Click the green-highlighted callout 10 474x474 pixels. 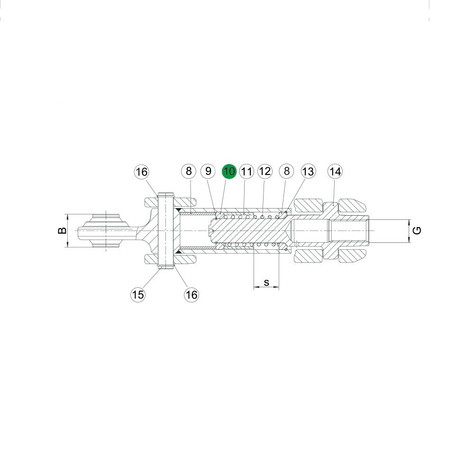(229, 172)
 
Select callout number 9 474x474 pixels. (208, 172)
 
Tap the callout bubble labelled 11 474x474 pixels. (246, 172)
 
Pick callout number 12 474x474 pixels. (265, 172)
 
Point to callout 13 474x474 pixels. (308, 172)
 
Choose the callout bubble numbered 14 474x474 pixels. (335, 172)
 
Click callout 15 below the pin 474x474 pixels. (138, 294)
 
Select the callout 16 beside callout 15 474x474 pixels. (191, 294)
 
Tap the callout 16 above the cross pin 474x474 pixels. (141, 172)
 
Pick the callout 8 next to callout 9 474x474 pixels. (189, 172)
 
